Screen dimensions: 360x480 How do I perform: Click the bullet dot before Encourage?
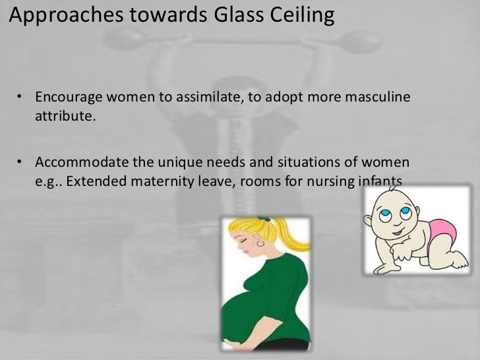[x=22, y=100]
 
